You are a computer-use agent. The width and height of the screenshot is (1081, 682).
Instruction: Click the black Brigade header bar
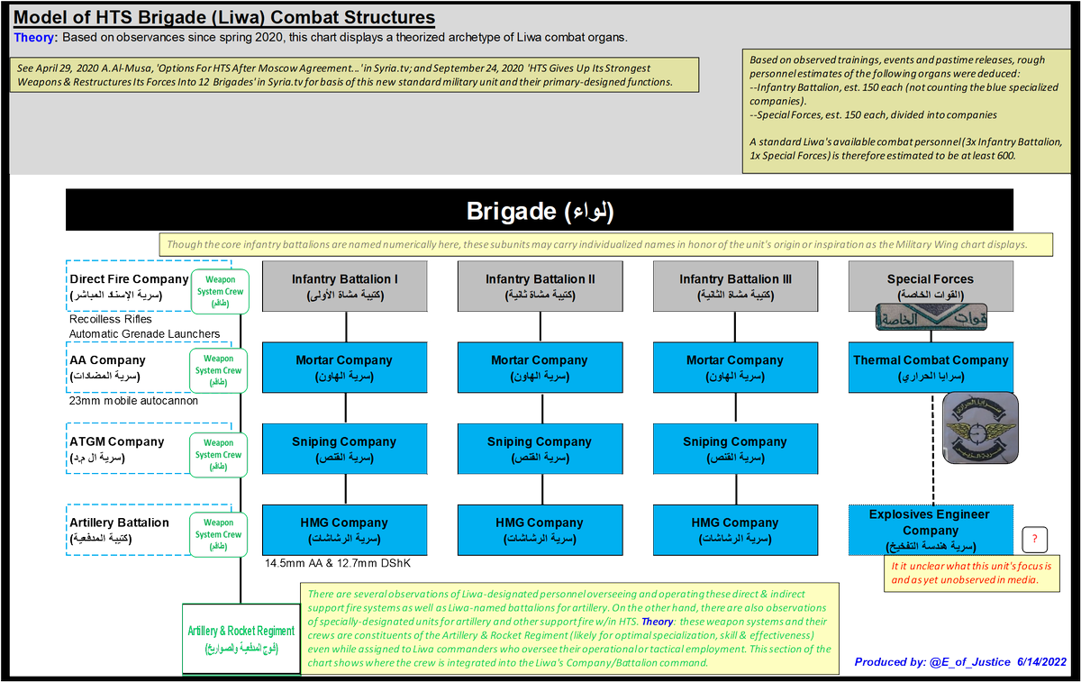pos(540,211)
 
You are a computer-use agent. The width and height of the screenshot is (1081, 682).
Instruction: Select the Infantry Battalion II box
pos(540,286)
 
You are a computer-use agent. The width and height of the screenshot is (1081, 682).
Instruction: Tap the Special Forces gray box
pos(930,286)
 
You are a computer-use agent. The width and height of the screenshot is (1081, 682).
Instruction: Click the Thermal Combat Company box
pos(930,367)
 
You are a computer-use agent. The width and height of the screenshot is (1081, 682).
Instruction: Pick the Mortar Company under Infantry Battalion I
pos(345,367)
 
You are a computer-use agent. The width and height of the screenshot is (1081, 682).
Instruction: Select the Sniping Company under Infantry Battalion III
pos(734,449)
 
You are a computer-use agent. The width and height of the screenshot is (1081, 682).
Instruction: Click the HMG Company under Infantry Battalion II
pos(540,530)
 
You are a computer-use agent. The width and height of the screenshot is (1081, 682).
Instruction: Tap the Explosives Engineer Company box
pos(930,530)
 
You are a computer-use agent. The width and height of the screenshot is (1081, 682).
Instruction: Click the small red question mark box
pos(1035,540)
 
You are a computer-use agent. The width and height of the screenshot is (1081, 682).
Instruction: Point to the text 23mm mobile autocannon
pos(133,401)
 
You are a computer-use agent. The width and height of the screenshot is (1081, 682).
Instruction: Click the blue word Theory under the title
pos(35,37)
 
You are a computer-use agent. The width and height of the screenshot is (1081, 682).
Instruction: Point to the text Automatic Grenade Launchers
pos(144,333)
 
